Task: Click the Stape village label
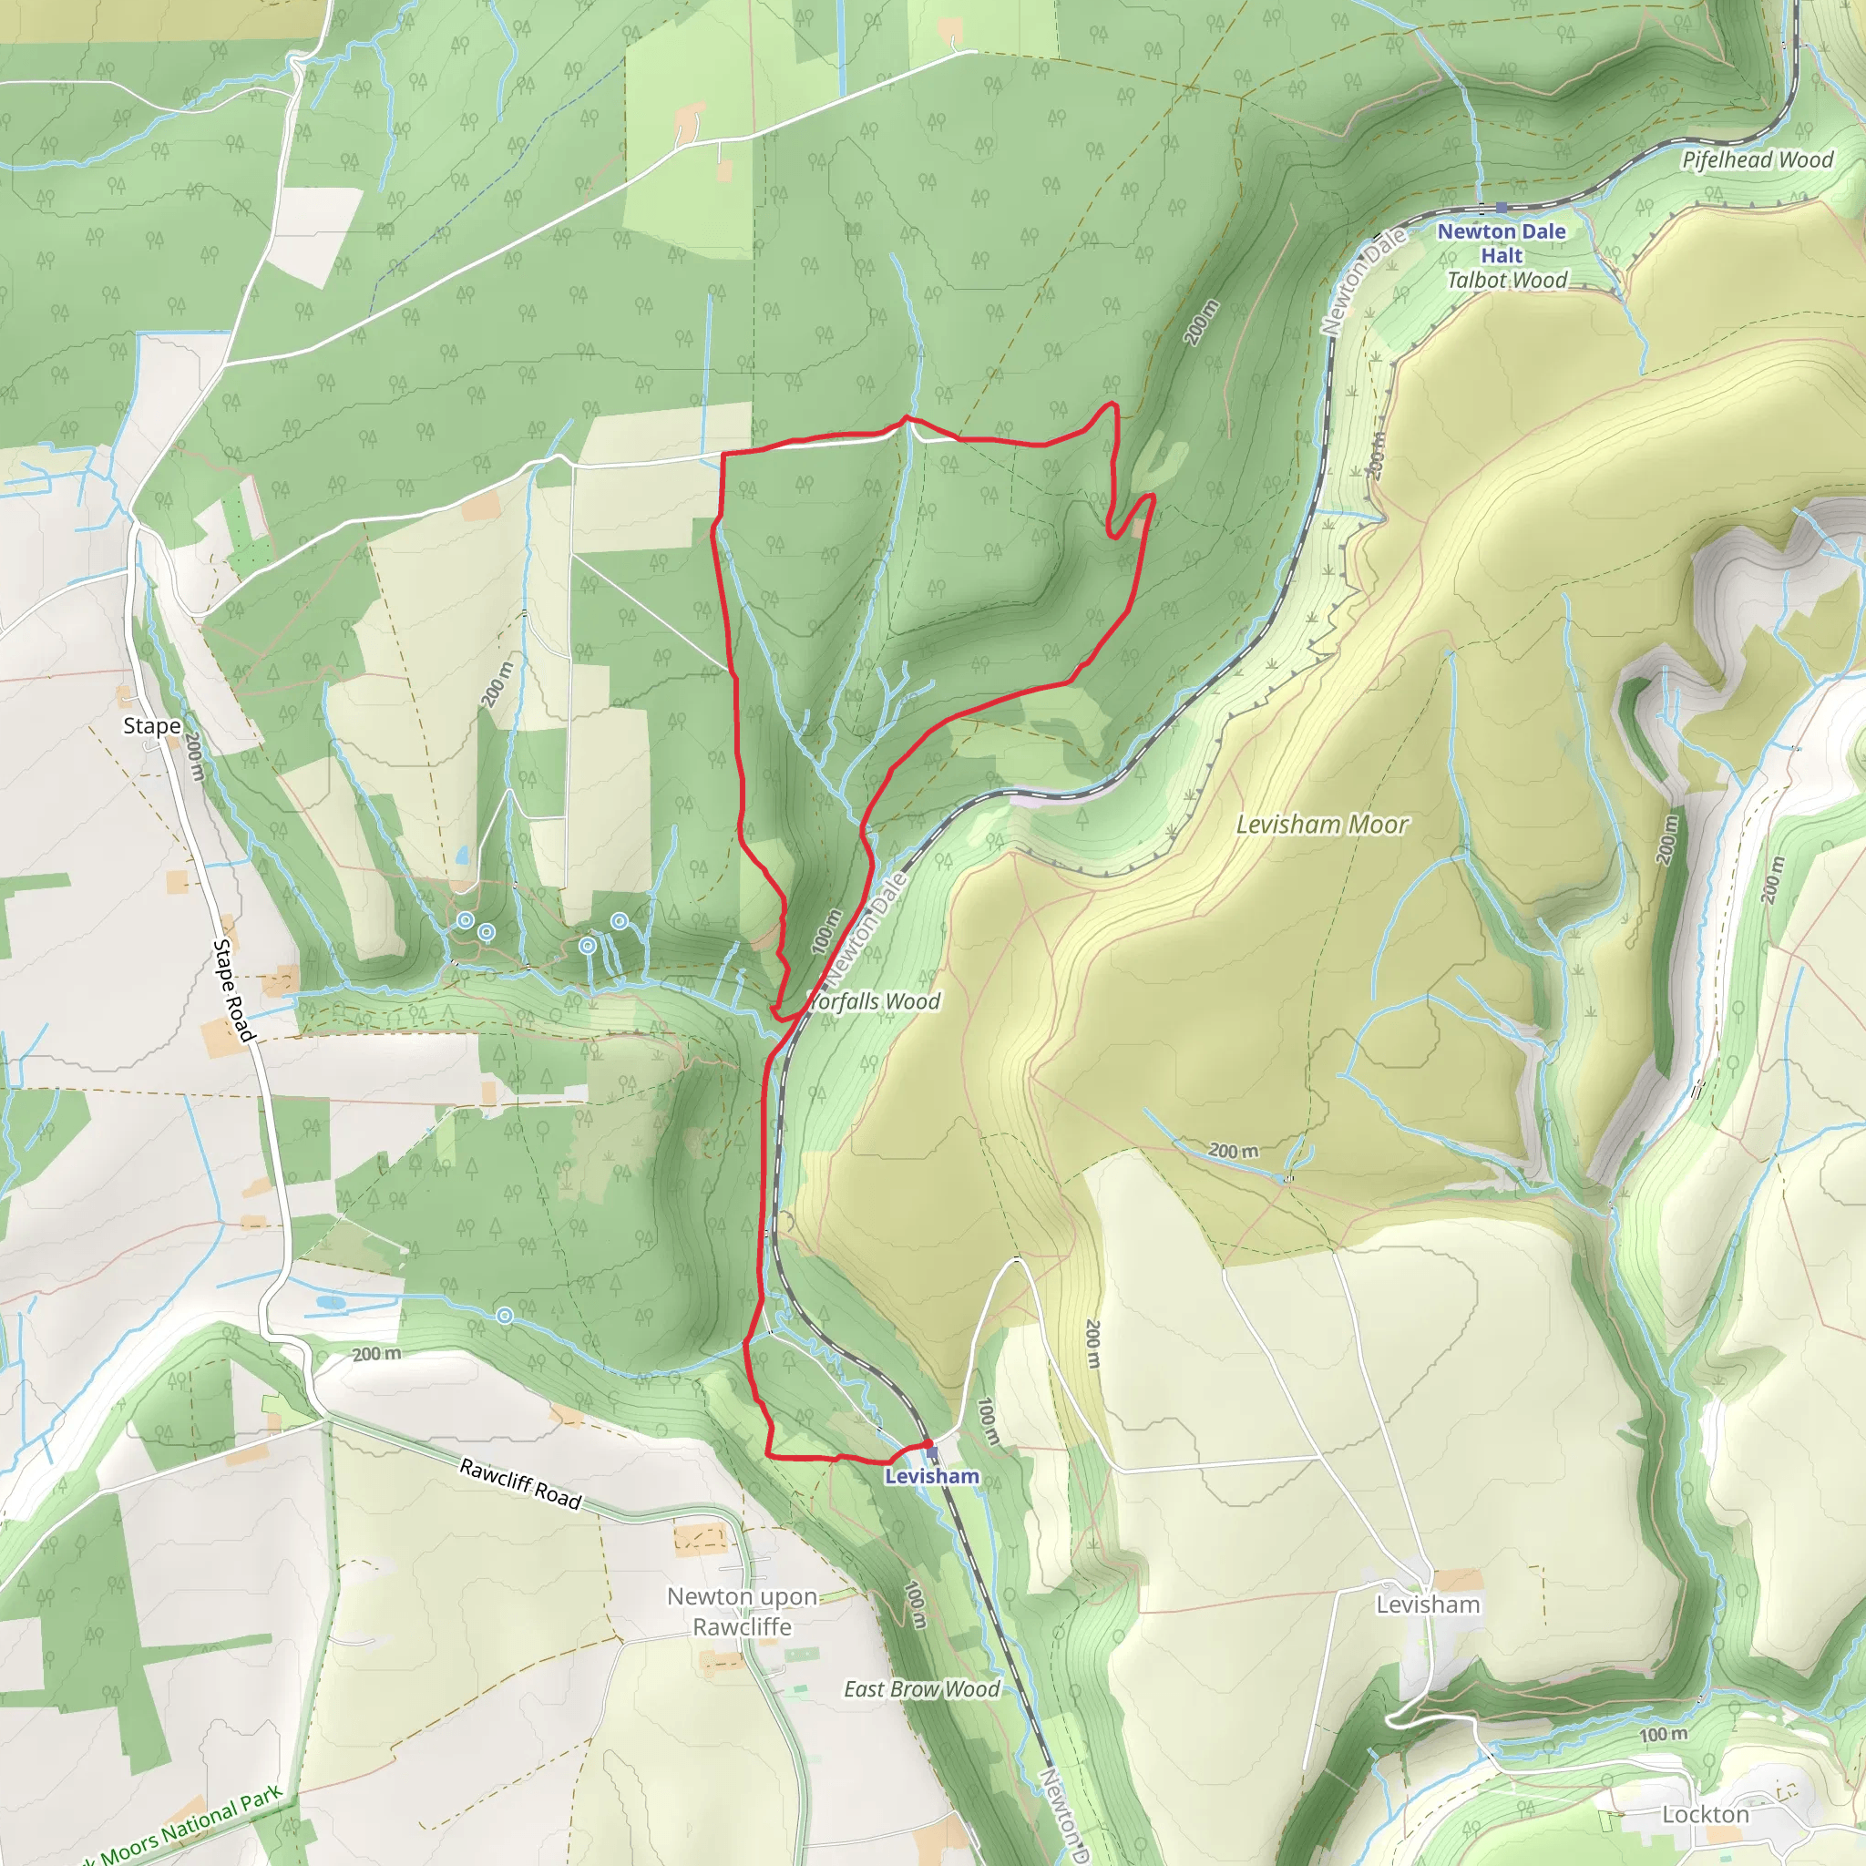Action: (151, 725)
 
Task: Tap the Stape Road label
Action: (234, 991)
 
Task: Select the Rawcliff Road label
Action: (519, 1483)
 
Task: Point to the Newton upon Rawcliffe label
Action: (742, 1612)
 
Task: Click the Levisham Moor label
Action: (1321, 824)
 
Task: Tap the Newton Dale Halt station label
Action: (1501, 243)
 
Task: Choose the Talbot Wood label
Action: (1507, 280)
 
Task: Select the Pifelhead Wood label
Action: (1757, 160)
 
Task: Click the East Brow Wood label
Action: (921, 1688)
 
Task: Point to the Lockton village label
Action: (1705, 1814)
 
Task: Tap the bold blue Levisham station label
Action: (931, 1476)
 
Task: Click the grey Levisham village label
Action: (1428, 1605)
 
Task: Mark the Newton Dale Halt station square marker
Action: (1501, 208)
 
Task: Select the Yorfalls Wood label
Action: (875, 1001)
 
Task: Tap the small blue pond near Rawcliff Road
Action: (328, 1303)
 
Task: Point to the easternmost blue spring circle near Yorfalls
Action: (619, 921)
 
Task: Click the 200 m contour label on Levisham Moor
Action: (1234, 1151)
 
